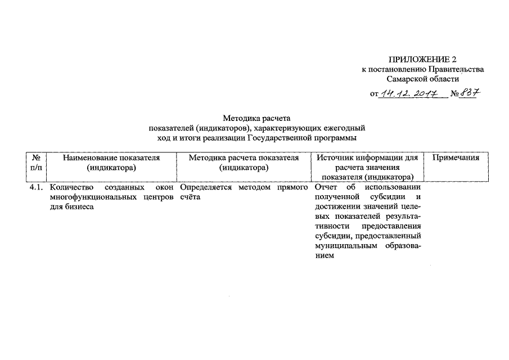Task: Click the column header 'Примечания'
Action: coord(456,158)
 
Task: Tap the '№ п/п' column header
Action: coord(37,163)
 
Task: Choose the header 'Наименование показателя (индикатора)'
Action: coord(111,163)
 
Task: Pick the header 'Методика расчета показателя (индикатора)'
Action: coord(243,163)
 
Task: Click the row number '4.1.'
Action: coord(37,187)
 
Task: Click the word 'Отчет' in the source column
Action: coord(327,187)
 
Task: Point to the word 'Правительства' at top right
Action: coord(456,69)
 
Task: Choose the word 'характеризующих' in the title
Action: coord(302,128)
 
